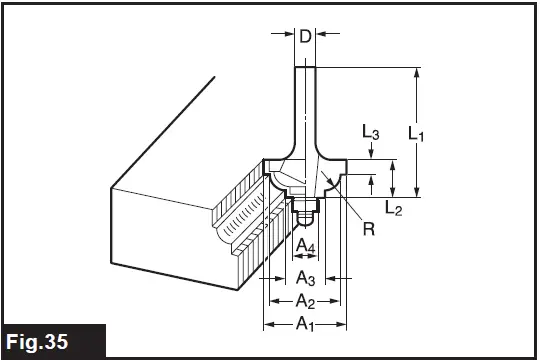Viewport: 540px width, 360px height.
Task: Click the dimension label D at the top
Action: [304, 37]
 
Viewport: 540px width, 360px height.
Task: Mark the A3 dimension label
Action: [307, 277]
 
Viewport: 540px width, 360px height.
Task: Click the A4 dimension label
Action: [307, 246]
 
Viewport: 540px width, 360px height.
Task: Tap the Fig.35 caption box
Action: [53, 341]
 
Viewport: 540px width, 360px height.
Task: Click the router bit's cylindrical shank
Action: [304, 100]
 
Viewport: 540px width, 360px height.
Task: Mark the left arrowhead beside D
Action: [285, 37]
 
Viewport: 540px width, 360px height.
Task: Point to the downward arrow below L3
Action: [371, 151]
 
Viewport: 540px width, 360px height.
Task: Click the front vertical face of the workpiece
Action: [170, 235]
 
